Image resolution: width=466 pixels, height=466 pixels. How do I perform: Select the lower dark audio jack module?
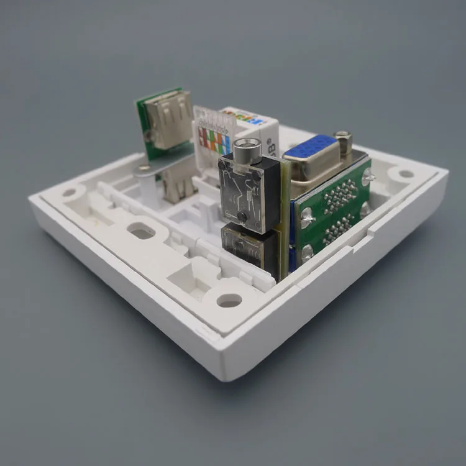pos(249,249)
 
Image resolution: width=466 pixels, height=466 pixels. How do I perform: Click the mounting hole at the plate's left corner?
pos(69,192)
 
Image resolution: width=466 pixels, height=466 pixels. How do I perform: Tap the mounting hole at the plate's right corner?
pos(404,174)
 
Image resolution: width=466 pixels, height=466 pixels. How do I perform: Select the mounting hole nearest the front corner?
pos(229,301)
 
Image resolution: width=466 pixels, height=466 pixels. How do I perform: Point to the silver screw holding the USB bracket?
pos(144,168)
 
